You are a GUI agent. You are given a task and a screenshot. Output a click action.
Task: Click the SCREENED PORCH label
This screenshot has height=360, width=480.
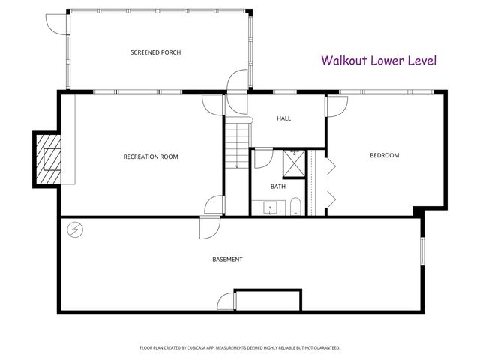pos(156,52)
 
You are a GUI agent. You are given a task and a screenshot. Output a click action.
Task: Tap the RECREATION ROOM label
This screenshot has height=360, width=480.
pos(150,157)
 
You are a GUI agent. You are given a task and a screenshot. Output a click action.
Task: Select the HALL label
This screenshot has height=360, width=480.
pos(283,118)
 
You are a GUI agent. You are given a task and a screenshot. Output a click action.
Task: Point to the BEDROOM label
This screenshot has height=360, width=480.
pos(384,156)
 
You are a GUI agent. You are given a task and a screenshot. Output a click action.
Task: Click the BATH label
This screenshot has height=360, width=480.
pos(277,187)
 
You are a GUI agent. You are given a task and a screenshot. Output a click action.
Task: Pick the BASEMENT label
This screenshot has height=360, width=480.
pos(227,259)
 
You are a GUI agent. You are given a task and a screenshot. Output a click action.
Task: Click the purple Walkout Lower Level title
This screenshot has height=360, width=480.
pos(379,61)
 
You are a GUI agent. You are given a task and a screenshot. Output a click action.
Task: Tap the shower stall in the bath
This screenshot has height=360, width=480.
pos(295,162)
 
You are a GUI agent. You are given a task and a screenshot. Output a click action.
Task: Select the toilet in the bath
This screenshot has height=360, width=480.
pos(295,206)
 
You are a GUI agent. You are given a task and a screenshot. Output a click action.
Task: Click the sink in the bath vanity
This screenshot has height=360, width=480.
pos(268,207)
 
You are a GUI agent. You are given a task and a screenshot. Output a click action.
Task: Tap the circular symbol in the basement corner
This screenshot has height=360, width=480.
pos(75,229)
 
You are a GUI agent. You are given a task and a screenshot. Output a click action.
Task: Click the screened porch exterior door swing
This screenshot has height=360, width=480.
pos(57,23)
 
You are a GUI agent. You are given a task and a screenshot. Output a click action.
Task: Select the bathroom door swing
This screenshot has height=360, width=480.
pos(262,158)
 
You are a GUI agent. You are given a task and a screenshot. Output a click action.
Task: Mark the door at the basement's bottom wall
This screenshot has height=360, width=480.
pos(226,301)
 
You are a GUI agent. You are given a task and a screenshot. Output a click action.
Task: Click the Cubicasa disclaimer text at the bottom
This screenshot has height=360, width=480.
pos(240,348)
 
